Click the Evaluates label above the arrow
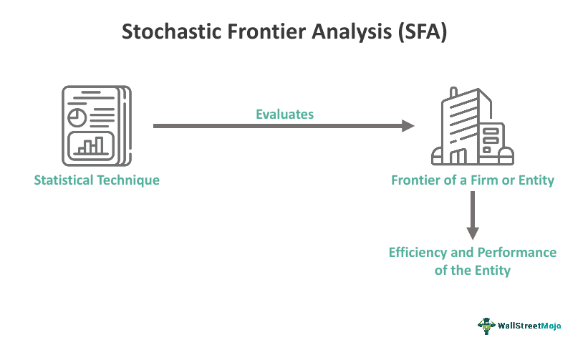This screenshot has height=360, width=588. click(x=285, y=114)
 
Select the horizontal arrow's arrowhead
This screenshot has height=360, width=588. click(x=408, y=126)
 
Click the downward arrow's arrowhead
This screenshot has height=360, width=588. click(x=472, y=232)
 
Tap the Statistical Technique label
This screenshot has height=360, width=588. click(x=97, y=180)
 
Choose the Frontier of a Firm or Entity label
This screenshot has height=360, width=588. click(x=473, y=180)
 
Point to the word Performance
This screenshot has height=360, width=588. click(x=517, y=253)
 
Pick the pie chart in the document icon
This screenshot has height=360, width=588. click(x=75, y=117)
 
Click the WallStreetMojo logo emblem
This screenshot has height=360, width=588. click(x=487, y=325)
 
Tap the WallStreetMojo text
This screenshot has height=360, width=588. click(x=531, y=326)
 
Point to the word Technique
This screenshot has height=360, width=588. click(x=129, y=180)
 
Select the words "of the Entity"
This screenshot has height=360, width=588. click(x=473, y=270)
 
